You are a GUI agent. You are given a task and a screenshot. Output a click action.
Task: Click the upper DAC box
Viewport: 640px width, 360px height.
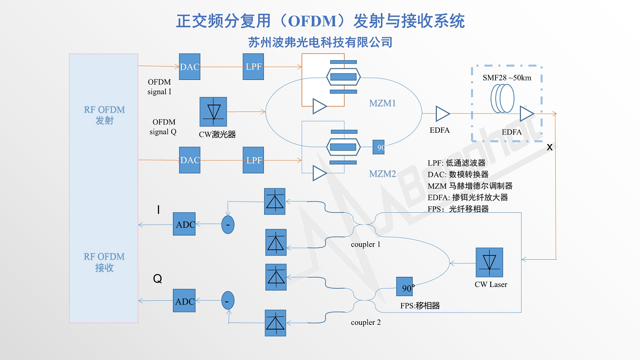coord(190,67)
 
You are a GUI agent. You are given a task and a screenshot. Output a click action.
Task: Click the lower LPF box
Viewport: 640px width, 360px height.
coord(253,160)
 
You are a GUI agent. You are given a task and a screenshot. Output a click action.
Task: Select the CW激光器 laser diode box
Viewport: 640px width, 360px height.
coord(213,111)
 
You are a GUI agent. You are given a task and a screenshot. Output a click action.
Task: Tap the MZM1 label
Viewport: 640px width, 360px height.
coord(382,103)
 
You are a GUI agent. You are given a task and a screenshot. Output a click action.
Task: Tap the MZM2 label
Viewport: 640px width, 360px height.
coord(382,174)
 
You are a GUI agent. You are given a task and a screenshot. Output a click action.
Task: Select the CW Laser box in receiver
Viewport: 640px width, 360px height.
coord(489,262)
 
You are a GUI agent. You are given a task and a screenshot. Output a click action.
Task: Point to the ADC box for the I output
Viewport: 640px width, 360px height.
coord(185,225)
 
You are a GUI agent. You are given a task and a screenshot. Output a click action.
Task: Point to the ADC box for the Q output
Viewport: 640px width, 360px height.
coord(185,301)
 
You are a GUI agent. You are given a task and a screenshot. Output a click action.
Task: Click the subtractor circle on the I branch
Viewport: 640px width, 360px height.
coord(228,225)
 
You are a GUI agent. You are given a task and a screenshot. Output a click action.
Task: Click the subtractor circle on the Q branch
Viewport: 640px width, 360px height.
coord(228,301)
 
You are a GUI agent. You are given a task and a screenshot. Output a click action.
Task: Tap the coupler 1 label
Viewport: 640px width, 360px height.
coord(366,244)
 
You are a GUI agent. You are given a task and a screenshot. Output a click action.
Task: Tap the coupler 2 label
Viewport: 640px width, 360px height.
coord(366,322)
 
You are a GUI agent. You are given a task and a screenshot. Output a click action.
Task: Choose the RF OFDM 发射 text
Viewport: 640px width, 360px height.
coord(105,115)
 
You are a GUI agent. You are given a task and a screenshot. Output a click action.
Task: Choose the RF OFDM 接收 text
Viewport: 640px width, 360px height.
coord(104,262)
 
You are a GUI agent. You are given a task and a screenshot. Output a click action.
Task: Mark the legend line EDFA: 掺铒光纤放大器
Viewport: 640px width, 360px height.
coord(467,197)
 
